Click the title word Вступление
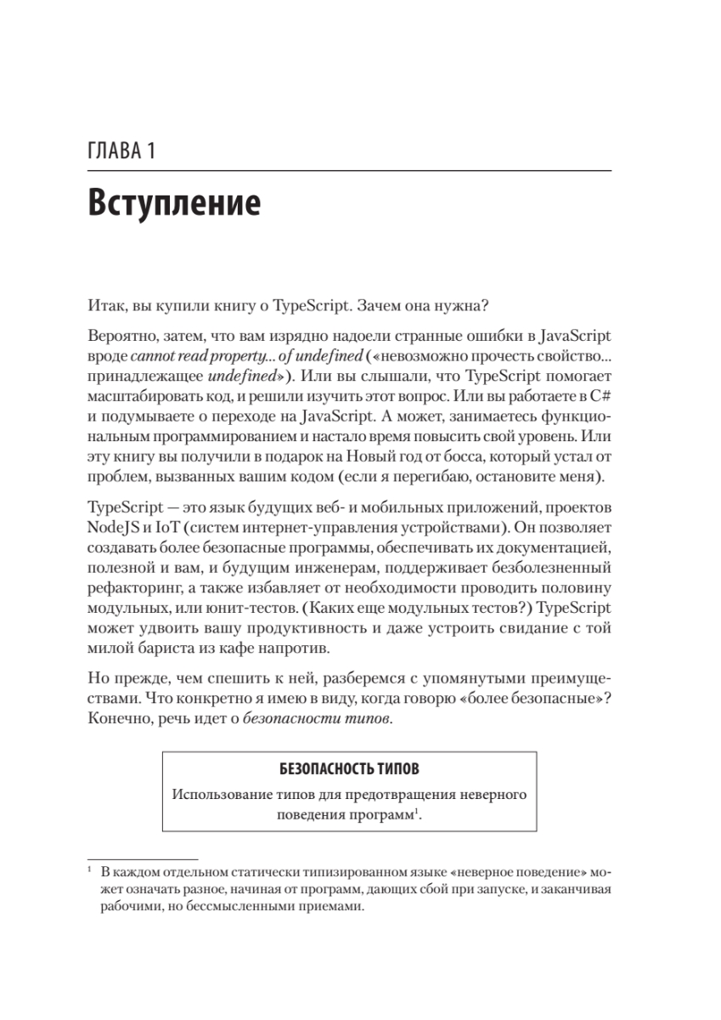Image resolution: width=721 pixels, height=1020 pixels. click(173, 205)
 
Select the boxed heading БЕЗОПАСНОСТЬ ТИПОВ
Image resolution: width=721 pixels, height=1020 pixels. click(348, 770)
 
